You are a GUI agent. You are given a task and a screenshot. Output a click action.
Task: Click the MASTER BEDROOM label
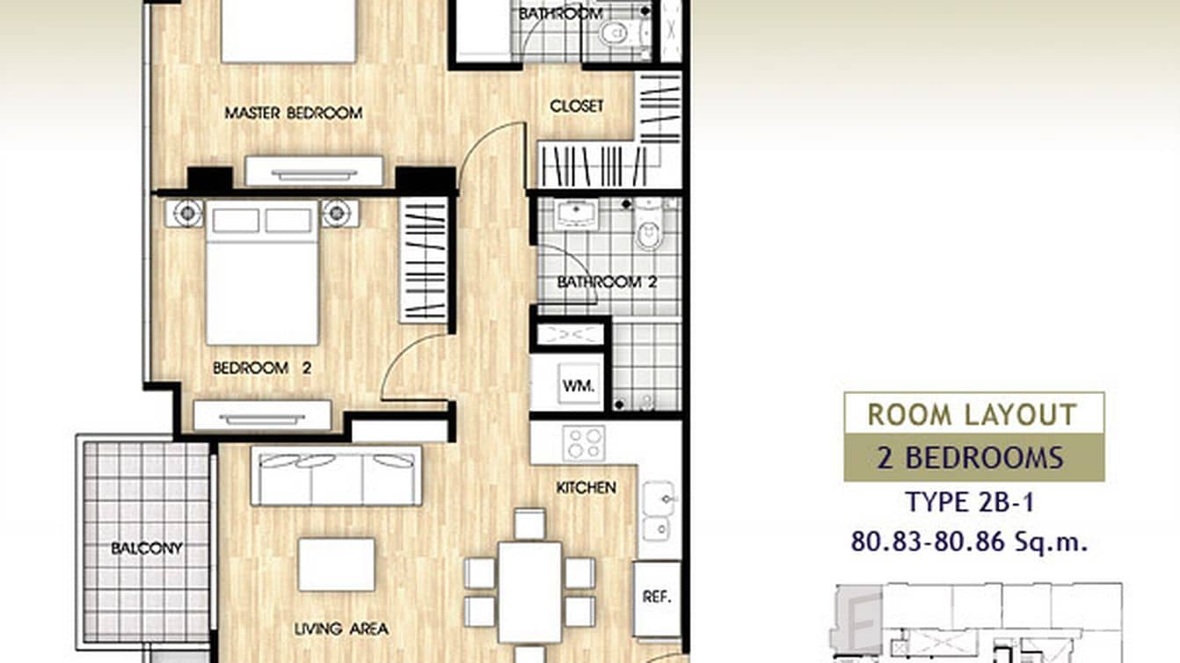(x=294, y=113)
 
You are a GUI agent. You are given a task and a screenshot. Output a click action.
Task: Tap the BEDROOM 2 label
(x=262, y=368)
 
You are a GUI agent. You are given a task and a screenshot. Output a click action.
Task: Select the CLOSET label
(x=577, y=106)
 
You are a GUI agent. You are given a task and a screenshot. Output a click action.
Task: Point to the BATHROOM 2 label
(x=607, y=282)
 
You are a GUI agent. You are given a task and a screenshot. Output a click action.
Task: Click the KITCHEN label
(x=586, y=488)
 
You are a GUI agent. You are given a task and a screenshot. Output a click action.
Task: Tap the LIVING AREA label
(x=341, y=628)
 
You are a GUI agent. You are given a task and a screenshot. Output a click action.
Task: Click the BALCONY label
(x=147, y=548)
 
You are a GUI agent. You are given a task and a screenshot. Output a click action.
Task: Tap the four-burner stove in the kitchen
(x=584, y=443)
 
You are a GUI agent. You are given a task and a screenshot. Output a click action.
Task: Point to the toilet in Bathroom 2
(x=648, y=225)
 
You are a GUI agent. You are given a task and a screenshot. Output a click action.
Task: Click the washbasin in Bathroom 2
(x=575, y=214)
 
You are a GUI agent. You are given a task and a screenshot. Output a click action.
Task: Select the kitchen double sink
(x=658, y=511)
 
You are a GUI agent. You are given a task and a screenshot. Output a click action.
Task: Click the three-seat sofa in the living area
(x=336, y=476)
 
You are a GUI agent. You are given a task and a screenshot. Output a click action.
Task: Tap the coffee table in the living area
(x=337, y=564)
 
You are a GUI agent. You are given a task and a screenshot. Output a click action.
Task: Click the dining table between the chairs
(x=530, y=593)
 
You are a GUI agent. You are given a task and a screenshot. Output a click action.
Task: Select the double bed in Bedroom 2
(x=262, y=273)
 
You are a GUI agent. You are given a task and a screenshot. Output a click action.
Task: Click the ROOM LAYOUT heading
(x=972, y=414)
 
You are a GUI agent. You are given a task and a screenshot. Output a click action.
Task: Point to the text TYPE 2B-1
(x=970, y=502)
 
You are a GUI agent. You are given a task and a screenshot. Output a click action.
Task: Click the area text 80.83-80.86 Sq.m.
(x=969, y=542)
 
